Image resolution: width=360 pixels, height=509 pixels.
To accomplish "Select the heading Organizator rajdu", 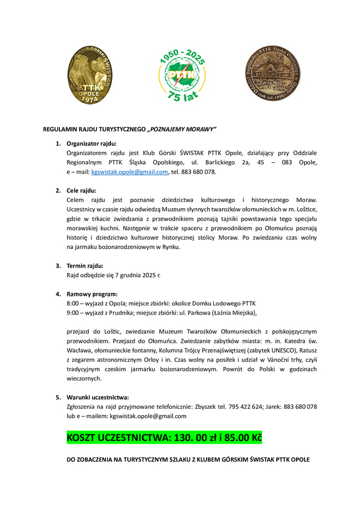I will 91,143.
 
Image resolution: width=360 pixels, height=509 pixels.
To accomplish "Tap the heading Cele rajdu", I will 82,190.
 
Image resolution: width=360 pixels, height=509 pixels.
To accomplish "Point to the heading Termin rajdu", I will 85,265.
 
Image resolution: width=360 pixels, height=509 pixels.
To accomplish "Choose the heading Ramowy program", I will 92,294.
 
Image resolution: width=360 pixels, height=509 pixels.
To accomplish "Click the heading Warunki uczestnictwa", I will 97,397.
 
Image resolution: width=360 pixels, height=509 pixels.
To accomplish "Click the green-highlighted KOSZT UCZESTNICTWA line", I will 164,438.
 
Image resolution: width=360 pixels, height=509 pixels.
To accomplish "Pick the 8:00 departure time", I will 74,303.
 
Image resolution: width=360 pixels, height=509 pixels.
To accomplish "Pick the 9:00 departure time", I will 74,312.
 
